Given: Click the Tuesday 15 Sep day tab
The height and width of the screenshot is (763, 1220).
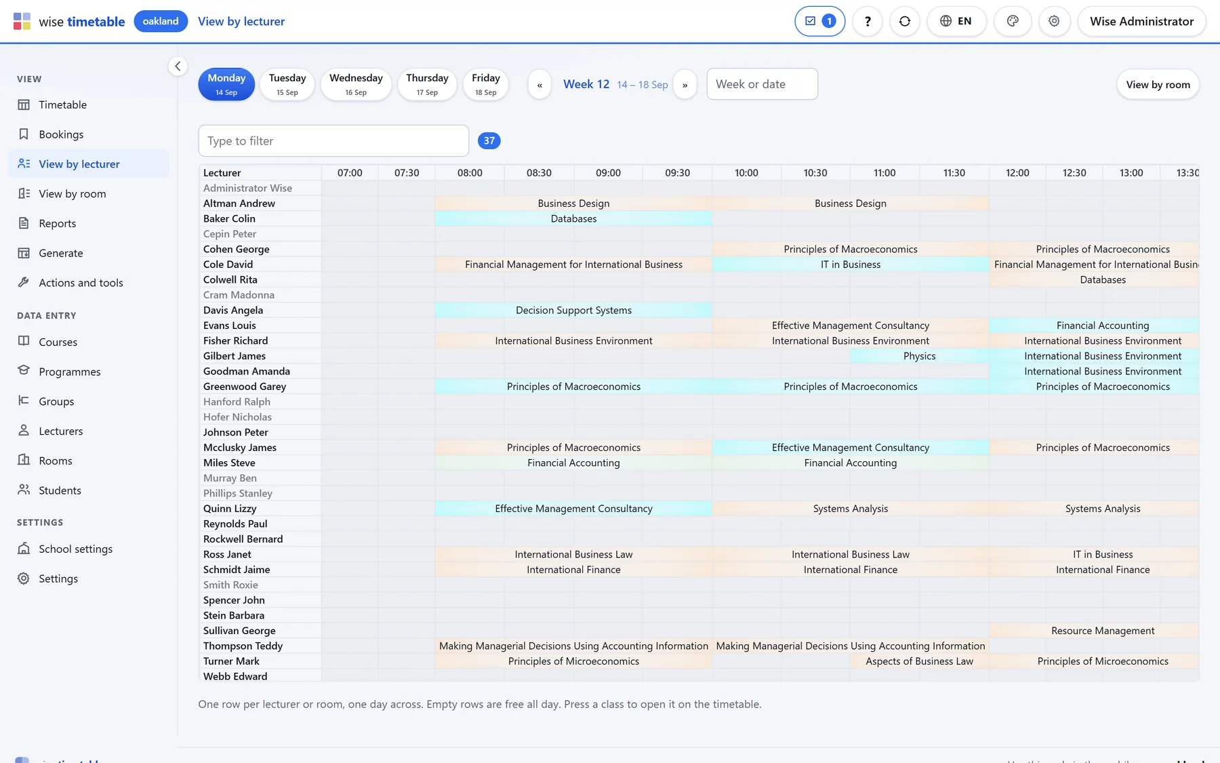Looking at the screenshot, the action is pos(287,84).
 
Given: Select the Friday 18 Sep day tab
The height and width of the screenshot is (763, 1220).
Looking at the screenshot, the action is pos(486,84).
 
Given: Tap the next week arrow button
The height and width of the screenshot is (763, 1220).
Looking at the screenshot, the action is pos(685,85).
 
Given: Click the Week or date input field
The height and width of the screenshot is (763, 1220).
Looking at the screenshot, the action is pos(762,84).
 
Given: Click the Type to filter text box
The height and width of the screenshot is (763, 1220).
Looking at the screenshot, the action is pos(333,140).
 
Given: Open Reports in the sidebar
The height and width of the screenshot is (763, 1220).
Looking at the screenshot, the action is pos(58,223).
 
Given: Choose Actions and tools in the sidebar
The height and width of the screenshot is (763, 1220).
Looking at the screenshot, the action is pos(81,283).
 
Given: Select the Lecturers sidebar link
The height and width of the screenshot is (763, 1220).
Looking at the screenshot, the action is pos(61,431).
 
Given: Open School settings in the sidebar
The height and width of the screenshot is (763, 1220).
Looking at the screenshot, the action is pos(75,549).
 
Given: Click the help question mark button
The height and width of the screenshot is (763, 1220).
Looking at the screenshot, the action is pos(868,21).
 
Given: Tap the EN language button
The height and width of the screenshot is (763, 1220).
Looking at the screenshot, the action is pos(956,21).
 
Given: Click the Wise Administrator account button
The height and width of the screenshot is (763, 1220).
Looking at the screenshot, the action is pos(1141,21).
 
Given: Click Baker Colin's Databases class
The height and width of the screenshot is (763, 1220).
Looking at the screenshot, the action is pos(573,218).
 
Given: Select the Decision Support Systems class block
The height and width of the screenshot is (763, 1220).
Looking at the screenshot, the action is pos(573,310).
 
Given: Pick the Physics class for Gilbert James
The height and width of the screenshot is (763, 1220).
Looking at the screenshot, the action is pos(919,356).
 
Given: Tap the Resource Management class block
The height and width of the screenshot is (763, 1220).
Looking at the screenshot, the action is pos(1103,631).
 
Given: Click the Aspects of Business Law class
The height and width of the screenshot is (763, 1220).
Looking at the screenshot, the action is pos(919,661).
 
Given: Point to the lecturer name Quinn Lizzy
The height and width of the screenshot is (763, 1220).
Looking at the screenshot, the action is pos(230,509).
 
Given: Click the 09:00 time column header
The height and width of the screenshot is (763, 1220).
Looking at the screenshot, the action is pos(608,173).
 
